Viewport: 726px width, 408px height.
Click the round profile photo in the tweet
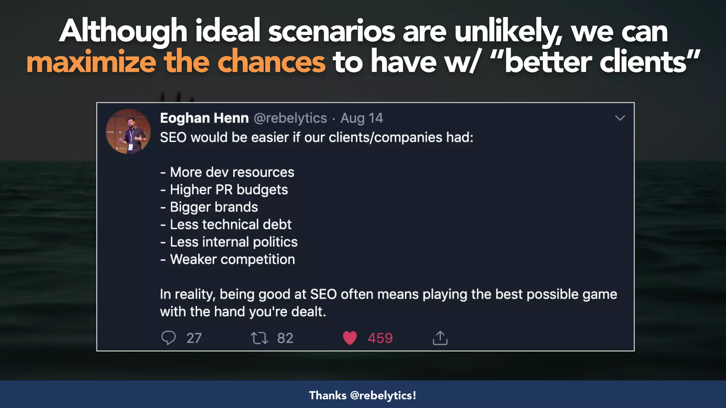(x=128, y=131)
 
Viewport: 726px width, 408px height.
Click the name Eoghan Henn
(x=204, y=118)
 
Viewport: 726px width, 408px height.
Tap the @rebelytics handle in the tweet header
(x=290, y=118)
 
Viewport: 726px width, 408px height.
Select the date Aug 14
(x=362, y=118)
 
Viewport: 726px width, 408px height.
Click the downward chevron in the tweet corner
(x=620, y=118)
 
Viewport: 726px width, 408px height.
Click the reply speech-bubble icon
(x=168, y=338)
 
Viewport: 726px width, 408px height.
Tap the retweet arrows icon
(x=259, y=338)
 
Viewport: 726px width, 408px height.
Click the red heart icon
(x=350, y=338)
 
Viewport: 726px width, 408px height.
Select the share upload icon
(x=440, y=338)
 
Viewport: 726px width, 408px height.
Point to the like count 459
(x=380, y=338)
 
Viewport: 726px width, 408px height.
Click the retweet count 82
(x=285, y=338)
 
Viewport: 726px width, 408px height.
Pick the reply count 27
(x=194, y=338)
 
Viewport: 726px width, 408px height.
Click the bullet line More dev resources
(x=228, y=172)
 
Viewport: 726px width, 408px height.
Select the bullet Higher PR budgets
(x=224, y=190)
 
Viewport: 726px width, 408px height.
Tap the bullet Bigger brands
(x=210, y=207)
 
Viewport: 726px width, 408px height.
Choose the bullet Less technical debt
(x=226, y=225)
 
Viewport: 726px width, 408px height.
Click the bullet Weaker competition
(x=228, y=260)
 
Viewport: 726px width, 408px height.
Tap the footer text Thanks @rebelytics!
(x=363, y=395)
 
